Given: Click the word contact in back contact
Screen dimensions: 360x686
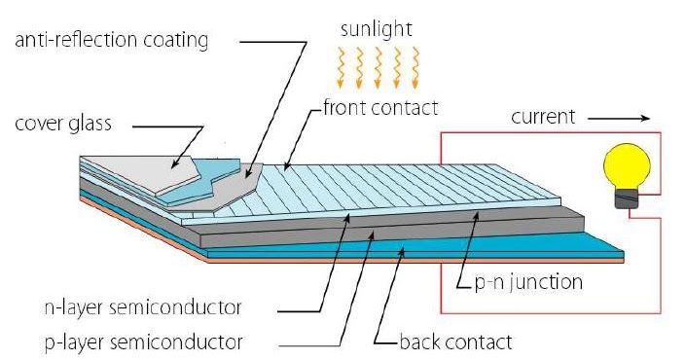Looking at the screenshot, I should (x=477, y=342).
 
